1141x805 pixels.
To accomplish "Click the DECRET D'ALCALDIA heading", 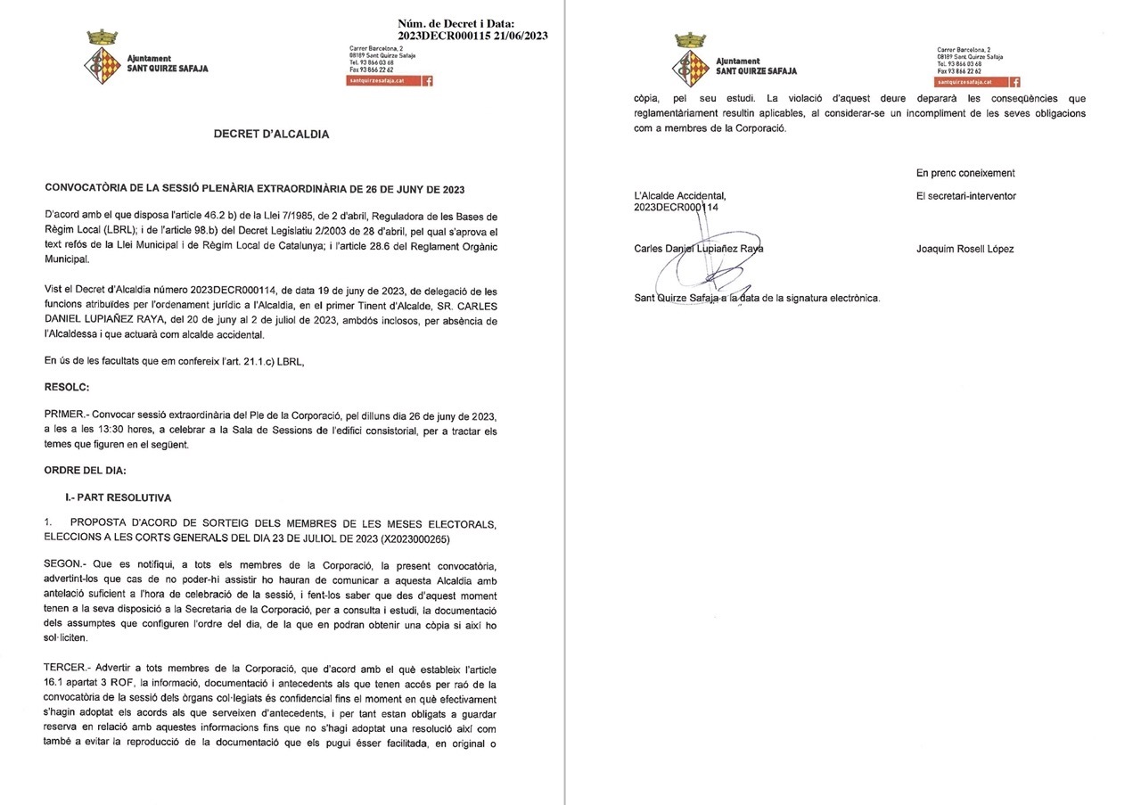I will click(271, 135).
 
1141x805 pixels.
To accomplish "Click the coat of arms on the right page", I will click(691, 59).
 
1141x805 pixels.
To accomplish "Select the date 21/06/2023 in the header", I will click(519, 36).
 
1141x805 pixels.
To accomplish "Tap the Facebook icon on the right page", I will click(1015, 81).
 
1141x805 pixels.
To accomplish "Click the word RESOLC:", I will click(67, 388).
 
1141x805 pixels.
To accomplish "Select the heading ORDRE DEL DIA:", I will click(86, 470).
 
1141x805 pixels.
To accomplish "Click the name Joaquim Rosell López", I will click(965, 250).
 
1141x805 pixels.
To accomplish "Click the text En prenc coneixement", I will click(965, 173).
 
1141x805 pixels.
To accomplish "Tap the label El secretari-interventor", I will click(965, 196).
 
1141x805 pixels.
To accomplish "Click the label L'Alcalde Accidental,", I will click(679, 196).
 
